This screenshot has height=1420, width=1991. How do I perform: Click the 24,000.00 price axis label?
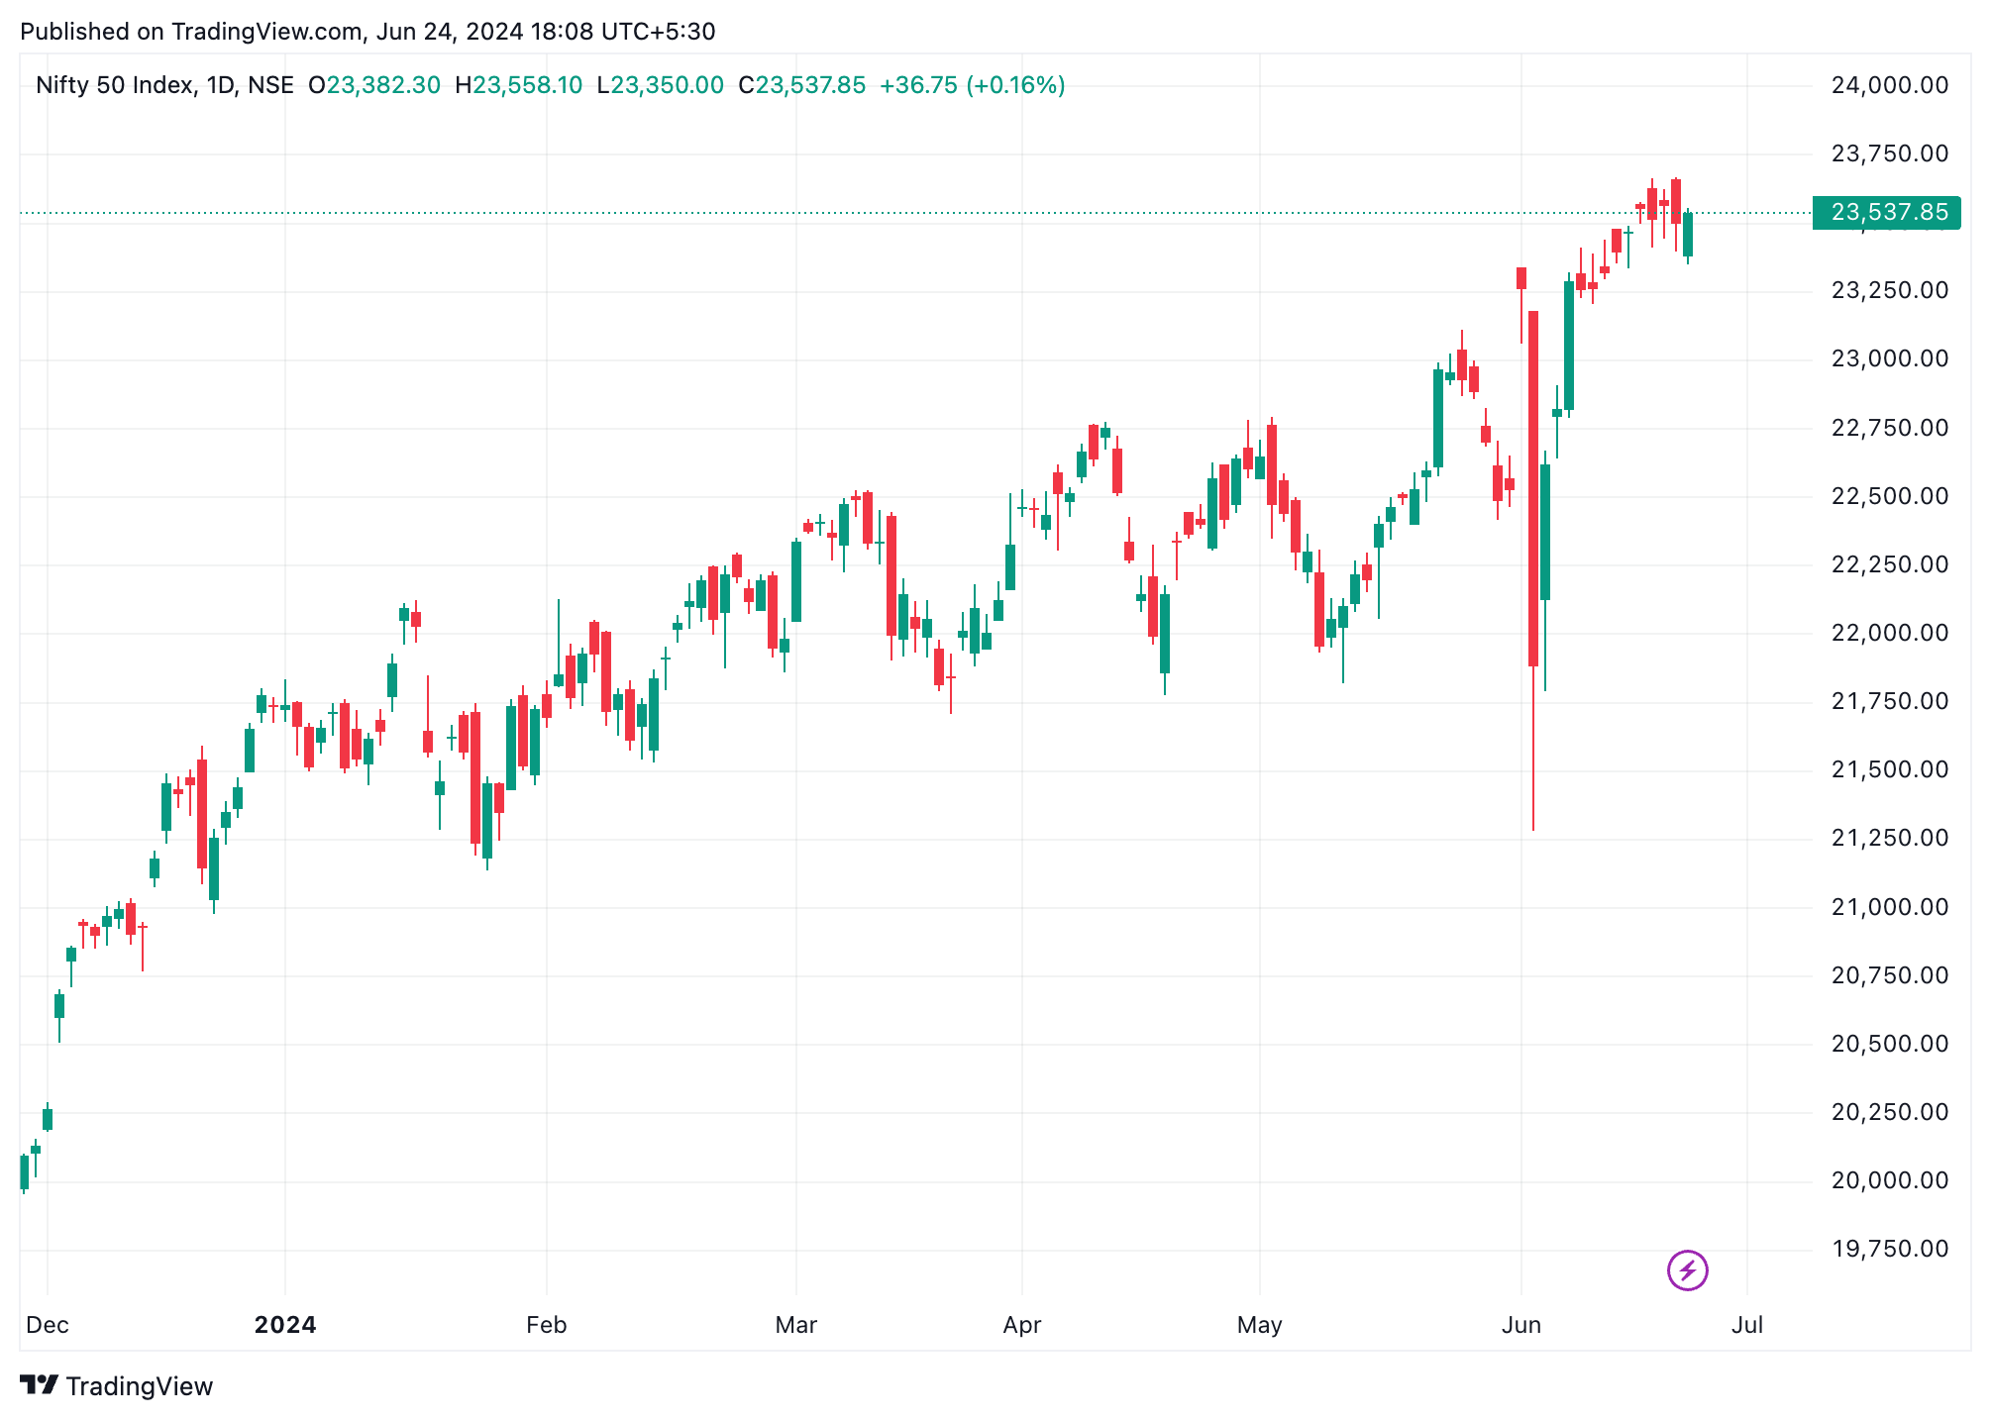(1889, 85)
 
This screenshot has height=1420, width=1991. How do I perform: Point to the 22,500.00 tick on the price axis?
(1889, 496)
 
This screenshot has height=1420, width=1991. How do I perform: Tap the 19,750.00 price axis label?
(1889, 1249)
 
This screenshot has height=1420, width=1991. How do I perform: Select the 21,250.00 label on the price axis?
(1889, 838)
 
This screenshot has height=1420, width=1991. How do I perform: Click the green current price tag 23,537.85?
(1886, 212)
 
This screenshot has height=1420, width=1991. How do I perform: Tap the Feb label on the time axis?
(546, 1325)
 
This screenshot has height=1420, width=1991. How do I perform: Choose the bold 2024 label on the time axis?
(285, 1325)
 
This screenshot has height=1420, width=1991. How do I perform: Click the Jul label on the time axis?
(1747, 1325)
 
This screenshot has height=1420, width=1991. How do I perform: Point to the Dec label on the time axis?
(48, 1325)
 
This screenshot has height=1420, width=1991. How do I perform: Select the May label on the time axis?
(1259, 1325)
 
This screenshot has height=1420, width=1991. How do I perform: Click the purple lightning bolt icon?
(1687, 1270)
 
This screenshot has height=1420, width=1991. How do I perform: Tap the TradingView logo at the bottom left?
(117, 1386)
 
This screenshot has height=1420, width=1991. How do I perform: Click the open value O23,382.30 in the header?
(374, 85)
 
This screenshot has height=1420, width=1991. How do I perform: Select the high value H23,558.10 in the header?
(518, 85)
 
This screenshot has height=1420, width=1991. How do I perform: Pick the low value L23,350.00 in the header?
(660, 85)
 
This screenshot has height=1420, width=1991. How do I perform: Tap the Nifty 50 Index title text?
(114, 85)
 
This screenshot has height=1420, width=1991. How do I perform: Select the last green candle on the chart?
(1688, 235)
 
